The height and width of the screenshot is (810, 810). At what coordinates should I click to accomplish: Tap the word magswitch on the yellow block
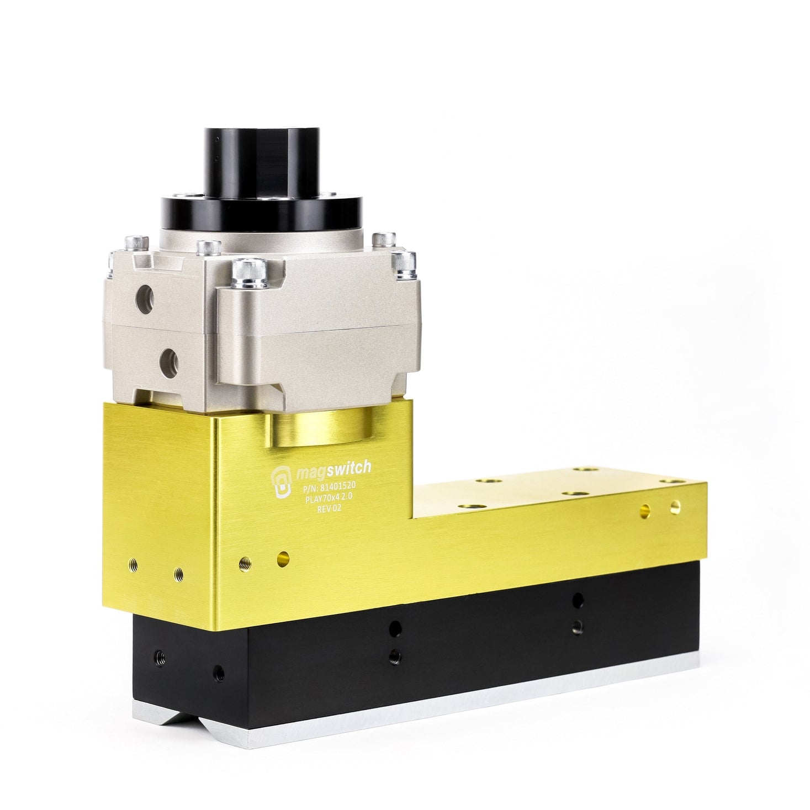click(x=333, y=470)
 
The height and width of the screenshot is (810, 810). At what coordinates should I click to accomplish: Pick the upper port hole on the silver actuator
click(x=145, y=300)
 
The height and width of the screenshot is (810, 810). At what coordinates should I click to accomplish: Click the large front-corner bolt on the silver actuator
click(x=250, y=273)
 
